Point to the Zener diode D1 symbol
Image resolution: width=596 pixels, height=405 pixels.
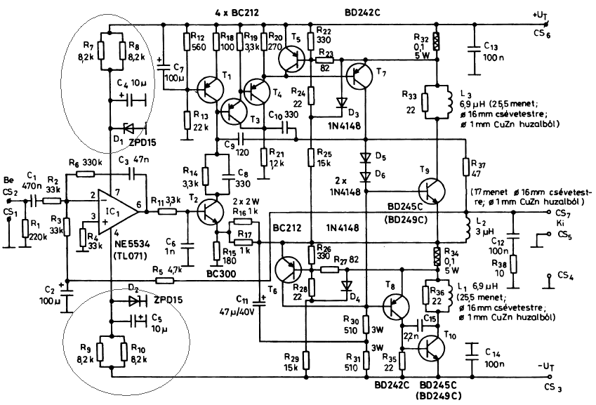(129, 128)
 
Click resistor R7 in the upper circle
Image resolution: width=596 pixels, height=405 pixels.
(101, 50)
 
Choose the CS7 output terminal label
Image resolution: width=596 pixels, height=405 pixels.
(560, 211)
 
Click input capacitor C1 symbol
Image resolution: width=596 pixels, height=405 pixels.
(32, 200)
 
